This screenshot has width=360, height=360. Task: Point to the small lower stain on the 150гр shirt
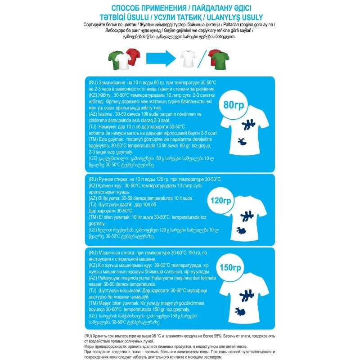pos(242,310)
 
